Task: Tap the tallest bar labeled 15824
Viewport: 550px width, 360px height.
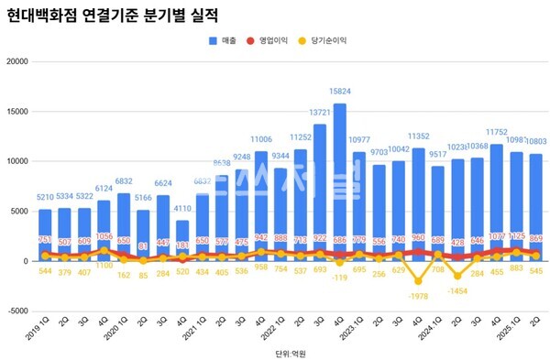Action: pyautogui.click(x=340, y=183)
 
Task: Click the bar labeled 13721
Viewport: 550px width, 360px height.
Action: pyautogui.click(x=321, y=192)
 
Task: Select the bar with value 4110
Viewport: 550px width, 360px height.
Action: pyautogui.click(x=182, y=240)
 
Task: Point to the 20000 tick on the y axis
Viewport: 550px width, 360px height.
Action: pyautogui.click(x=18, y=62)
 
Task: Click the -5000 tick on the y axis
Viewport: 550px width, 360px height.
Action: pyautogui.click(x=18, y=311)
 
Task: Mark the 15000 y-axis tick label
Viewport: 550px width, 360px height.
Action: pyautogui.click(x=18, y=113)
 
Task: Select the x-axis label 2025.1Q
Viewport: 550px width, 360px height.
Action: pyautogui.click(x=513, y=325)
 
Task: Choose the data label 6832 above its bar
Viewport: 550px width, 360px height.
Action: pyautogui.click(x=123, y=181)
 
